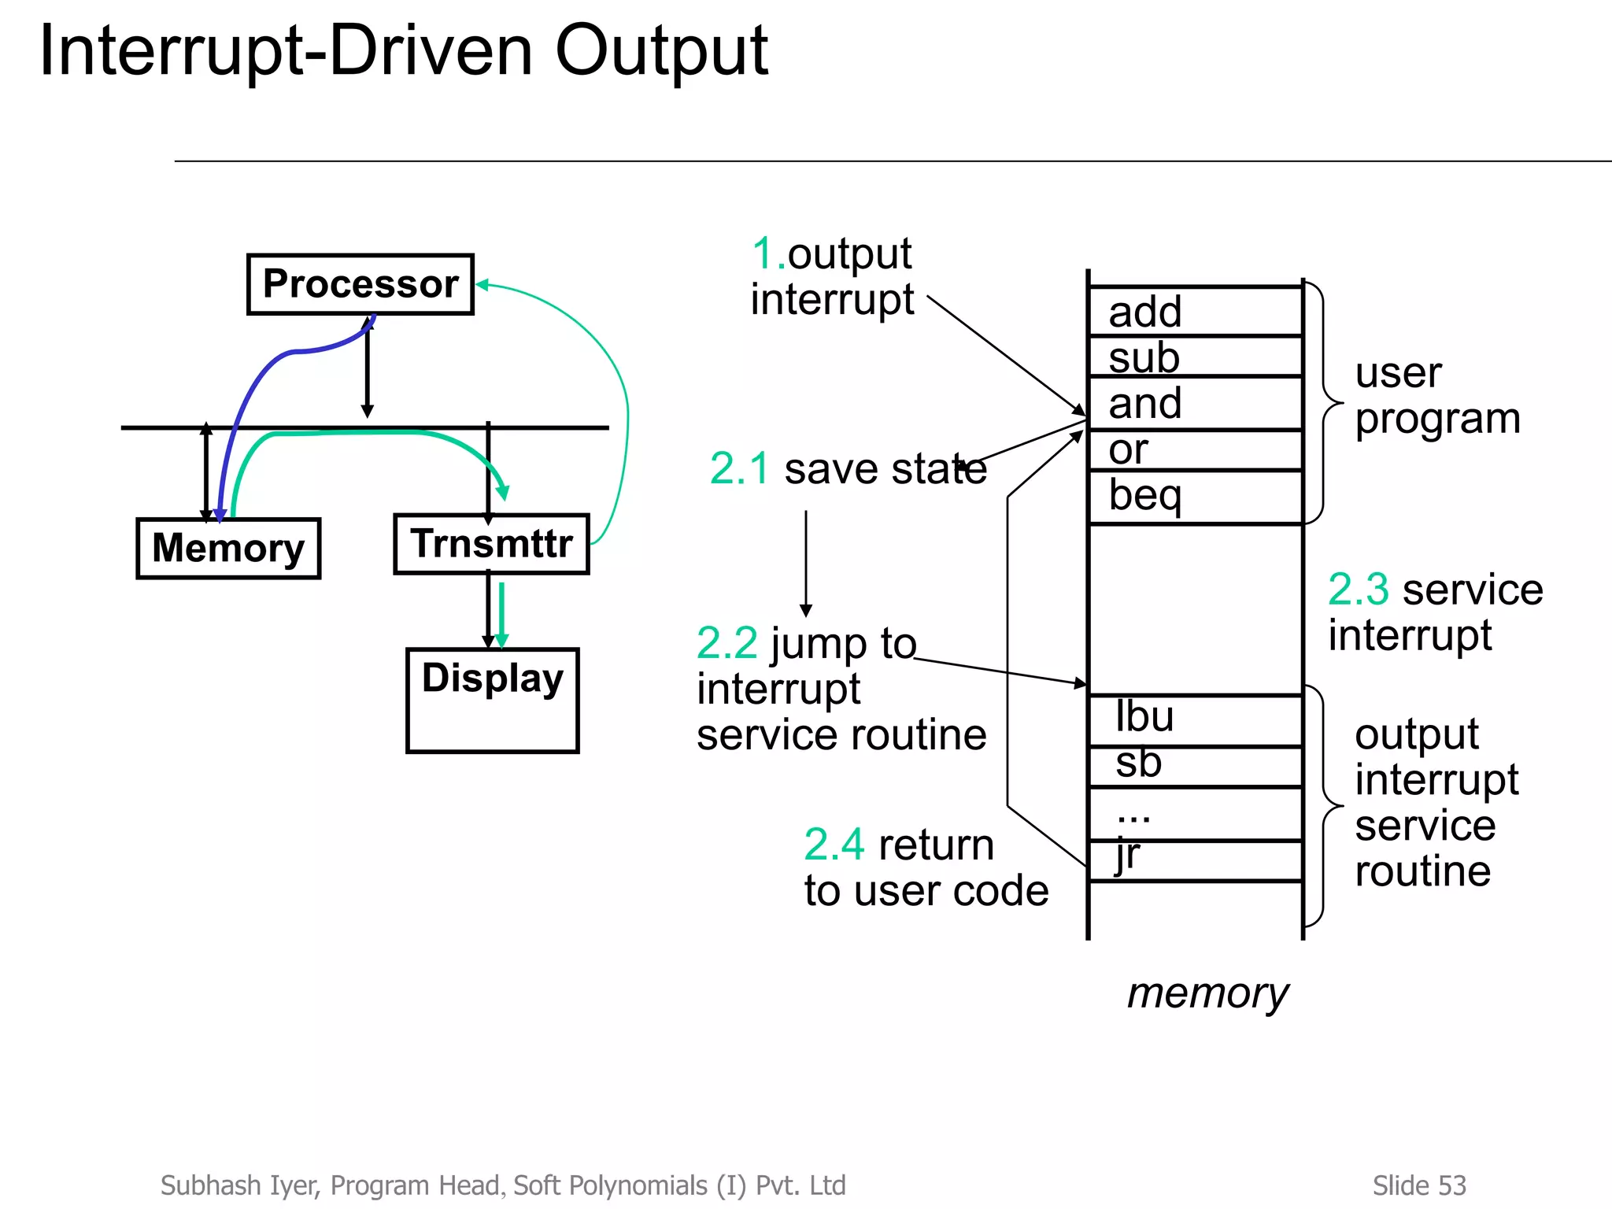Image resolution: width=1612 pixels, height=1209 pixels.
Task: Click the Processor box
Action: [360, 284]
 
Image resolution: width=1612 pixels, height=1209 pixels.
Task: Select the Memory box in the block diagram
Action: [228, 549]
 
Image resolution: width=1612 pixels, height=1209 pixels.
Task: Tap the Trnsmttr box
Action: [491, 544]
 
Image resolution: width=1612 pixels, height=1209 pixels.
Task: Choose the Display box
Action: [492, 700]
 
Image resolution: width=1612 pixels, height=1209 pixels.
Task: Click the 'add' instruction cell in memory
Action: [1195, 312]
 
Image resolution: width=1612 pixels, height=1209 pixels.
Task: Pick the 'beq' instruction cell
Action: [1195, 497]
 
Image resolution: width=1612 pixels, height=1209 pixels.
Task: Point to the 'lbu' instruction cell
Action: [1195, 719]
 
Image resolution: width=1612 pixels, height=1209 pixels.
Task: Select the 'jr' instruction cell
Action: [1195, 860]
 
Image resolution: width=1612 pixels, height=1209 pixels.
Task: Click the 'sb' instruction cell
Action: [1195, 765]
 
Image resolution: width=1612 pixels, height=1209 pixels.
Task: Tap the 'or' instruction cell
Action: [1195, 449]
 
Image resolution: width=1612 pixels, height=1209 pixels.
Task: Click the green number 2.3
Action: [1358, 589]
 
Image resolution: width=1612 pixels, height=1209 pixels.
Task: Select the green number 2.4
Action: [834, 845]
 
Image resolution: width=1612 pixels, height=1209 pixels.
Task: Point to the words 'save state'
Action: [885, 469]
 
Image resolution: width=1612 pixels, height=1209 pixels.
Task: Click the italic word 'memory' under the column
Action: [1207, 993]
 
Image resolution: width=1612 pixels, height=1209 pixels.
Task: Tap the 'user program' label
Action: [1436, 395]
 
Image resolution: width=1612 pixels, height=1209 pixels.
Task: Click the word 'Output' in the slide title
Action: [661, 52]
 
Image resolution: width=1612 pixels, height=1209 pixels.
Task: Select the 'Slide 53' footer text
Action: [1418, 1185]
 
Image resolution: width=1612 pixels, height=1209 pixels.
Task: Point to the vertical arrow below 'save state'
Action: [805, 563]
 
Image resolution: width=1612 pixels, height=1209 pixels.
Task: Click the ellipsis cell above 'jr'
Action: [1195, 814]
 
